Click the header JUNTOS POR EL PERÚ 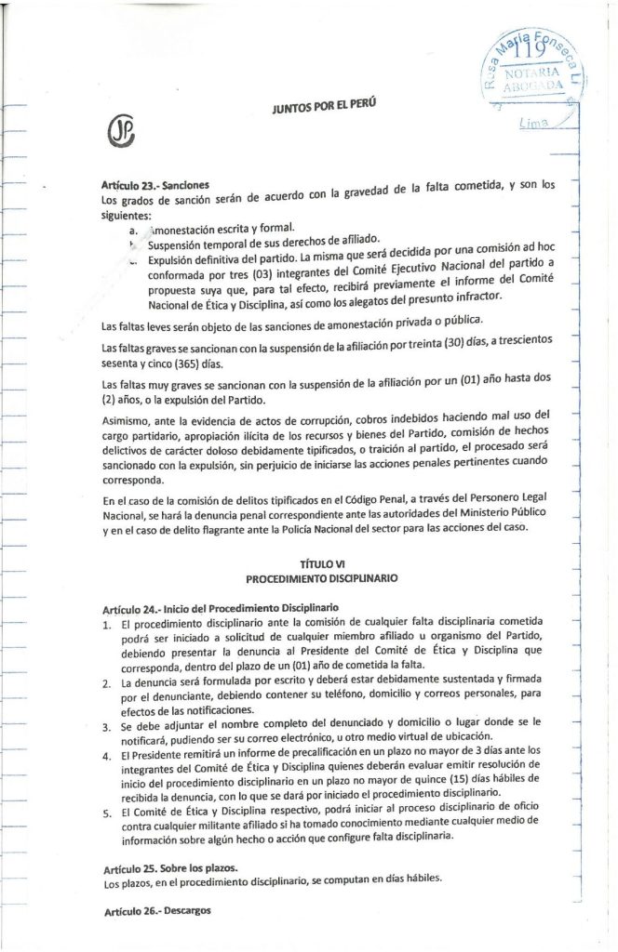[324, 110]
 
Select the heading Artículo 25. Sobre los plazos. [171, 866]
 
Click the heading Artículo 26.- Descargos [158, 911]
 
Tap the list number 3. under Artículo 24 [108, 721]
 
